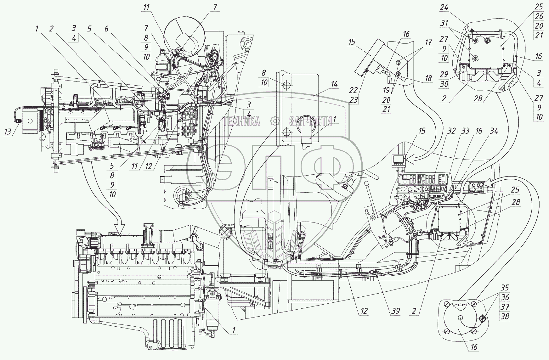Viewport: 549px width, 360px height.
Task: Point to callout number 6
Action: coord(106,28)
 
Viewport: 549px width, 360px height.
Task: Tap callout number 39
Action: coord(395,311)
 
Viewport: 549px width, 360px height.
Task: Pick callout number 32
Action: coord(451,131)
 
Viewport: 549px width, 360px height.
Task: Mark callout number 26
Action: coord(539,16)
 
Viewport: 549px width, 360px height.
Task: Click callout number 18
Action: coord(428,79)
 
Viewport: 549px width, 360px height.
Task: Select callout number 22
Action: coord(354,90)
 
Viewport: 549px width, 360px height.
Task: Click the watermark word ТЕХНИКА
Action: coord(241,121)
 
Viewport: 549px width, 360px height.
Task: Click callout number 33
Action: coord(466,131)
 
